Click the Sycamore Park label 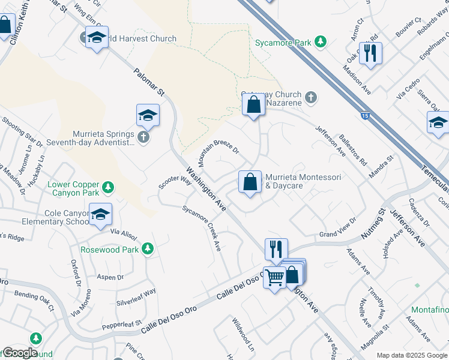coord(283,43)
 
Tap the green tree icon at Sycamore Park coord(321,41)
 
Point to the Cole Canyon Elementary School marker coord(100,214)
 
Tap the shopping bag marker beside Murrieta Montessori coord(250,181)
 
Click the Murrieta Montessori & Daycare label coord(303,181)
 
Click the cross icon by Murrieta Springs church coord(143,137)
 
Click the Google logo coord(19,353)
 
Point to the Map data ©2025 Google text coord(412,355)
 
